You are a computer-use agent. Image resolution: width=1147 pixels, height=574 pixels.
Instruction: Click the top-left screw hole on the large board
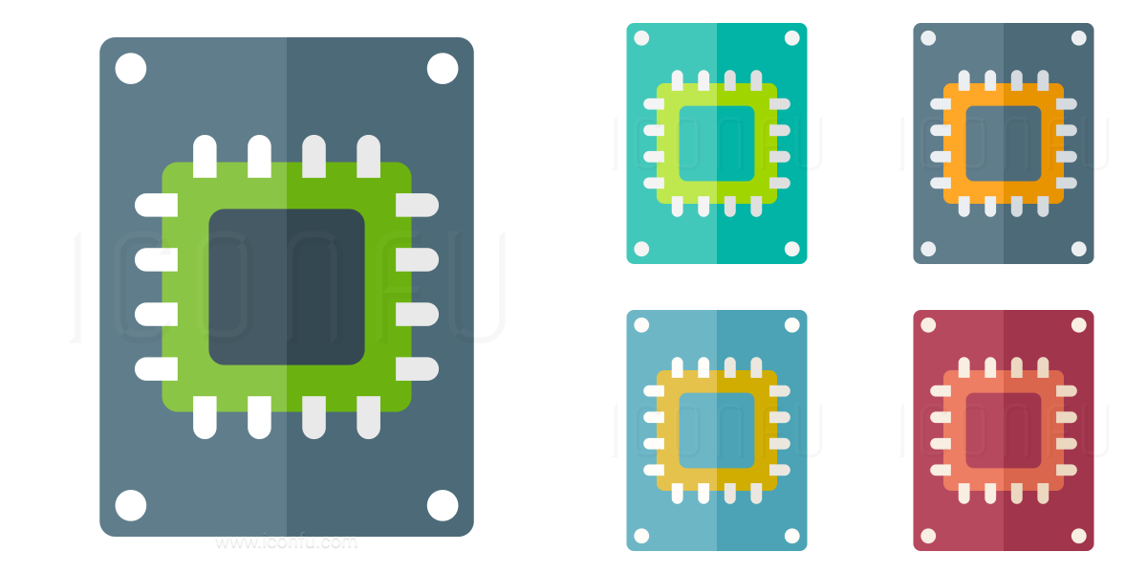click(131, 69)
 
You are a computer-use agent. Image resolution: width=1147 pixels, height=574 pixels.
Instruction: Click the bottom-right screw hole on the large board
click(443, 505)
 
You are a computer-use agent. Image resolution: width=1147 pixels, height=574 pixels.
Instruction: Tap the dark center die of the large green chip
click(287, 287)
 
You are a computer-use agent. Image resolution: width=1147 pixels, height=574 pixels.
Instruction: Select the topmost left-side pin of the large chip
click(156, 205)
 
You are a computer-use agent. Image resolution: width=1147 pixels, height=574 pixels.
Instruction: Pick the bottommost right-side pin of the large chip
click(417, 369)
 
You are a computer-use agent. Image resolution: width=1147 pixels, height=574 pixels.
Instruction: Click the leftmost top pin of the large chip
click(205, 156)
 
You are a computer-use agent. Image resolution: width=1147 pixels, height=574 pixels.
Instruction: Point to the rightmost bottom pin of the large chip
click(369, 418)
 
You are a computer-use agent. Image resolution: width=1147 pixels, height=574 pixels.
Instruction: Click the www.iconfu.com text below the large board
click(287, 542)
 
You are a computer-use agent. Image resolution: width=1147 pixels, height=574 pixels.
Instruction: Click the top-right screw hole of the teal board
click(792, 38)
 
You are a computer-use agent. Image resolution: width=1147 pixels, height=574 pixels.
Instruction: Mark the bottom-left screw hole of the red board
click(928, 536)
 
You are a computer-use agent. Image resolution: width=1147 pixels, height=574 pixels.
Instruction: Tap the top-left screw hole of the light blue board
click(641, 325)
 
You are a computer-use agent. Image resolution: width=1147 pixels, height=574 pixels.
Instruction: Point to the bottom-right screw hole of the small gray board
click(1079, 249)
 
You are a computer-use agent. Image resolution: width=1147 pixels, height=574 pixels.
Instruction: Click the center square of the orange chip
click(1004, 143)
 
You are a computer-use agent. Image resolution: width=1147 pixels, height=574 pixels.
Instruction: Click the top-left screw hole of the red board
click(928, 325)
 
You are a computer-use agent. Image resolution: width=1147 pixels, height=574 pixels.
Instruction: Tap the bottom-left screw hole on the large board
click(131, 505)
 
